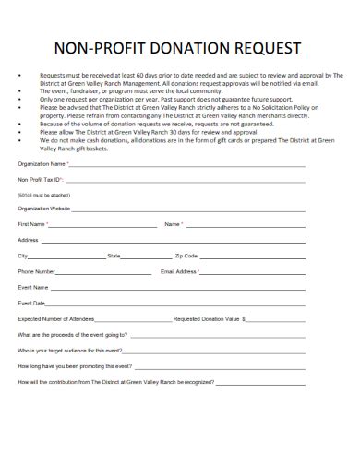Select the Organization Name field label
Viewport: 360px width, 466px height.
[x=42, y=164]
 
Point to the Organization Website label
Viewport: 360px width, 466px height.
[x=44, y=209]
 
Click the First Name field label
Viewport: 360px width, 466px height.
[x=31, y=224]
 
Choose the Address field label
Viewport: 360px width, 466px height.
[x=28, y=240]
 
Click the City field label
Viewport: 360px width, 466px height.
[x=22, y=256]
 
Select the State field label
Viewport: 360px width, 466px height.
[x=114, y=256]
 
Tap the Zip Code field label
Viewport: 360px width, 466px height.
[x=186, y=256]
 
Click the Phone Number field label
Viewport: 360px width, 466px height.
[x=37, y=272]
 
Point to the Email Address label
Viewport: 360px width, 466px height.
[x=179, y=272]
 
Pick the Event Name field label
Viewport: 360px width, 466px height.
[x=32, y=288]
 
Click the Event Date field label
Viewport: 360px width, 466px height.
[x=31, y=304]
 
